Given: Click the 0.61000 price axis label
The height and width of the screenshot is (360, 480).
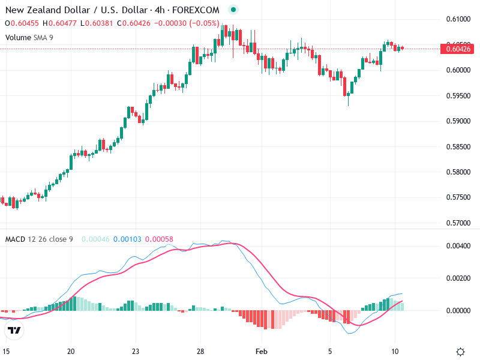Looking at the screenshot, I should [458, 19].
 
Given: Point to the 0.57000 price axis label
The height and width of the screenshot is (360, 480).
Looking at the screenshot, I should [458, 223].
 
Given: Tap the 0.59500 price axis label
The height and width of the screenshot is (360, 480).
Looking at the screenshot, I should [458, 96].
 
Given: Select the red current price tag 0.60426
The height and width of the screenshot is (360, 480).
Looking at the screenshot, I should [458, 49].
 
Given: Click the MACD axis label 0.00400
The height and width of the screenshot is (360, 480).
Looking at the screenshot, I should [458, 246].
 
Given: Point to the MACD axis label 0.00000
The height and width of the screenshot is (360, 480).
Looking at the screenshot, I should [458, 311].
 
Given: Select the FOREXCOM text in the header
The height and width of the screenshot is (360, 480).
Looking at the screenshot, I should [196, 10].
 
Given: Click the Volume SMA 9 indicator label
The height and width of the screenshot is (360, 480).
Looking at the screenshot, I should [29, 37].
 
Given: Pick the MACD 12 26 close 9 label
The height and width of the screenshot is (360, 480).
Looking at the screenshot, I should [39, 239].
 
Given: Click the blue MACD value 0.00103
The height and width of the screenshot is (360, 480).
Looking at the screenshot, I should [127, 239].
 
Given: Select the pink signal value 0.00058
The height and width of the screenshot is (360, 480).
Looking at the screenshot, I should [160, 239].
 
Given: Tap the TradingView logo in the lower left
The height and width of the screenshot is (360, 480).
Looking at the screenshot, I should [14, 330].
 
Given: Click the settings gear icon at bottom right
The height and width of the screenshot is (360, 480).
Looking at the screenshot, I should [460, 352].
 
